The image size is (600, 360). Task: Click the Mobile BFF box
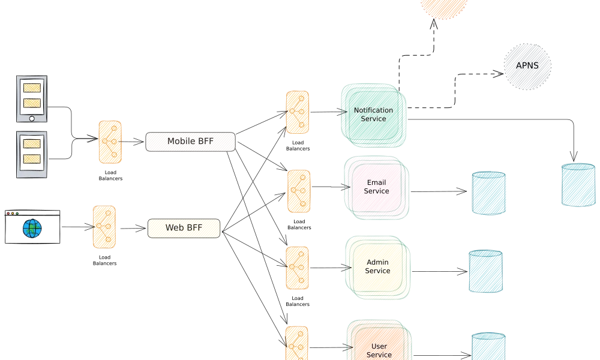tap(190, 142)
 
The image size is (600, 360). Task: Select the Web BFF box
tap(184, 228)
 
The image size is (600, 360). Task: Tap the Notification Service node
tap(373, 115)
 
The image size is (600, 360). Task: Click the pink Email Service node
tap(376, 187)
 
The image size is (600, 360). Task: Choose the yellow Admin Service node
tap(377, 267)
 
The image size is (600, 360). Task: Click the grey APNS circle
tap(526, 67)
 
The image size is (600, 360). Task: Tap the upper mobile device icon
tap(31, 99)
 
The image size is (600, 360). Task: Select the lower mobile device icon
tap(31, 155)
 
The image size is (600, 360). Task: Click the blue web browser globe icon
tap(32, 228)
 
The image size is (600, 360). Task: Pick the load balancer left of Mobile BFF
tap(110, 142)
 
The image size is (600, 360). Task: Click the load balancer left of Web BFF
tap(104, 227)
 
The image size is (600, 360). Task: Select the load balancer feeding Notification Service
tap(298, 112)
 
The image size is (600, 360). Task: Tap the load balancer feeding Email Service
tap(299, 191)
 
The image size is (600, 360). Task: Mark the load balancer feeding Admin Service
tap(298, 268)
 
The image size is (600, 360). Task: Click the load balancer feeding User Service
tap(296, 343)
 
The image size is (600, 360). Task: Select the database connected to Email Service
tap(489, 193)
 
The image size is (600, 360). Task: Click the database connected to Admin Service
tap(485, 271)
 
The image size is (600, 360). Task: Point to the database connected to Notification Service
tap(578, 184)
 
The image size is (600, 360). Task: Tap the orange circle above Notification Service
tap(443, 6)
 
